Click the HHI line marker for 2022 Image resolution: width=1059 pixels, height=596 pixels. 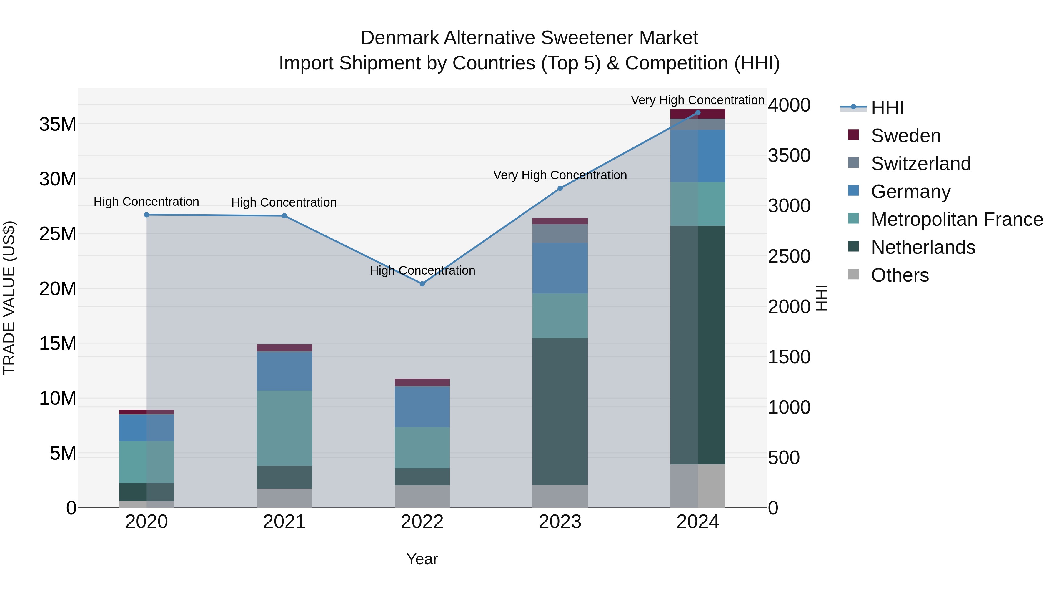pyautogui.click(x=422, y=284)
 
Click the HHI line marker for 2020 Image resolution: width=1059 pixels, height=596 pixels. pyautogui.click(x=147, y=215)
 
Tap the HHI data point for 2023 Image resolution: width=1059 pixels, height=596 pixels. pyautogui.click(x=560, y=188)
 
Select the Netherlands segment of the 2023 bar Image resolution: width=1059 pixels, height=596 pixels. pyautogui.click(x=560, y=411)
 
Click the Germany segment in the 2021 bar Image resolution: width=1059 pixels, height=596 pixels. pyautogui.click(x=284, y=371)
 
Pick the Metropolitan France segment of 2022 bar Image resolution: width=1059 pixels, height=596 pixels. pyautogui.click(x=422, y=447)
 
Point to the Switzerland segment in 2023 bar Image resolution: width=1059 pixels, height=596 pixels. pyautogui.click(x=560, y=234)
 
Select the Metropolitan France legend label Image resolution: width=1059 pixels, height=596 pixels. pyautogui.click(x=957, y=219)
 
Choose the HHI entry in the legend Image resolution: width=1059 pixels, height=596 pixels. pyautogui.click(x=887, y=108)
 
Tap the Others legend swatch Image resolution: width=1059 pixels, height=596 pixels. pyautogui.click(x=853, y=274)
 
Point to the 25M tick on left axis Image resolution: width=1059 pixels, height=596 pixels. pyautogui.click(x=58, y=234)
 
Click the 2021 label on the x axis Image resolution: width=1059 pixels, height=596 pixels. pyautogui.click(x=284, y=522)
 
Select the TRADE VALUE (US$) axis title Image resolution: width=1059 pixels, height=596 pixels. pyautogui.click(x=9, y=298)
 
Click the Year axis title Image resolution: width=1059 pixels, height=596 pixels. pyautogui.click(x=422, y=559)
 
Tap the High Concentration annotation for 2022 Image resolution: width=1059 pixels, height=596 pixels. pyautogui.click(x=422, y=271)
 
